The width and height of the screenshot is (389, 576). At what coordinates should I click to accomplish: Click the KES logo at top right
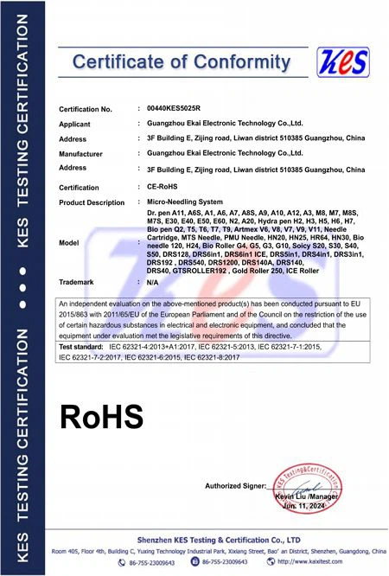coord(343,61)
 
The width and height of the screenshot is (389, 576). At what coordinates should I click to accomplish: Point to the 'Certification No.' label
coord(86,109)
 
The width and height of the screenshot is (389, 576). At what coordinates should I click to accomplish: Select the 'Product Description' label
coord(92,202)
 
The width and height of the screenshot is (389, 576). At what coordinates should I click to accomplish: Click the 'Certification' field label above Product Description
coord(79,187)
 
